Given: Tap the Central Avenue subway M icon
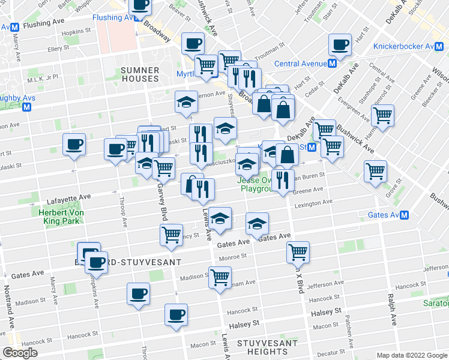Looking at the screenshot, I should [x=332, y=64].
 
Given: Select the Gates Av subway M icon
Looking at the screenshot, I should [x=405, y=215].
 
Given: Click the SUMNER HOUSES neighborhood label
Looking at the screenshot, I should [x=140, y=74].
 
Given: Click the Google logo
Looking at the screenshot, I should [x=19, y=353].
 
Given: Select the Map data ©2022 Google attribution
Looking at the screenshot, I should [x=411, y=355].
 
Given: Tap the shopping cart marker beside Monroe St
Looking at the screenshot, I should [x=298, y=252].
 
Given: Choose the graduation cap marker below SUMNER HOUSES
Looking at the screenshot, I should [x=186, y=102].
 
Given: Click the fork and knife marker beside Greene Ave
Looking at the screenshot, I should [x=282, y=179].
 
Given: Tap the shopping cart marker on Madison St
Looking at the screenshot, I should [x=220, y=277].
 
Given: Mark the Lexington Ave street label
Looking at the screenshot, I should [x=312, y=204].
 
